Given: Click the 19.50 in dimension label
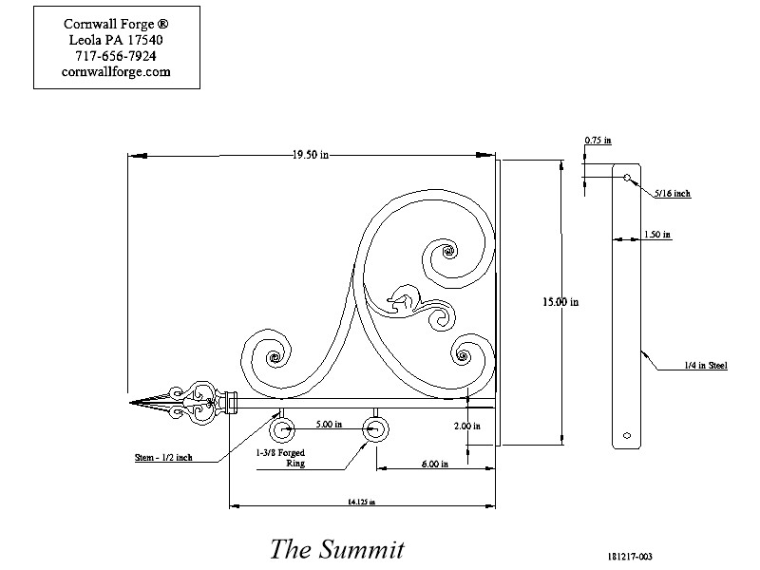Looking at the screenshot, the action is pos(311,155).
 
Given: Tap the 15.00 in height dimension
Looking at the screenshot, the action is pos(560,302).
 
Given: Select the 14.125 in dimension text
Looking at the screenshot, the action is pos(362,503).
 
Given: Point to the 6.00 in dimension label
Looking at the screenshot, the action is pos(435,464).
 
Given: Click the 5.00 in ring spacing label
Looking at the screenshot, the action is pos(329,424).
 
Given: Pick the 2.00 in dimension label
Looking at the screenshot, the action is pos(467,426).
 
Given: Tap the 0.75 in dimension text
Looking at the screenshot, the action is pos(598,140).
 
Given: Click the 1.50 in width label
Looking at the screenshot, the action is pos(657,235).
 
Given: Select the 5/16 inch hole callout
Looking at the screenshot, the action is pos(673,194).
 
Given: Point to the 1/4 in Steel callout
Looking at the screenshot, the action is pos(706,366).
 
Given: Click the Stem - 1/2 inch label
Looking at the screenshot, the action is pos(163,458).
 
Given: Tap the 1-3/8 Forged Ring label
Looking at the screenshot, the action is pos(280,458).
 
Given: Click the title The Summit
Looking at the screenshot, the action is pos(337,549).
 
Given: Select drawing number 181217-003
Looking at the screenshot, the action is pos(630,557).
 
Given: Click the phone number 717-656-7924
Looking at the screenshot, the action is pos(116,56).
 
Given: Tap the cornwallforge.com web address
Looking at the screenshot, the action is pos(116,72).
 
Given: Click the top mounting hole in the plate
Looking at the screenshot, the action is pos(627,178).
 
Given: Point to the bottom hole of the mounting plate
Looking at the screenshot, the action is pos(627,435).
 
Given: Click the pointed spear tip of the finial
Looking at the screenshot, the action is pos(130,403).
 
